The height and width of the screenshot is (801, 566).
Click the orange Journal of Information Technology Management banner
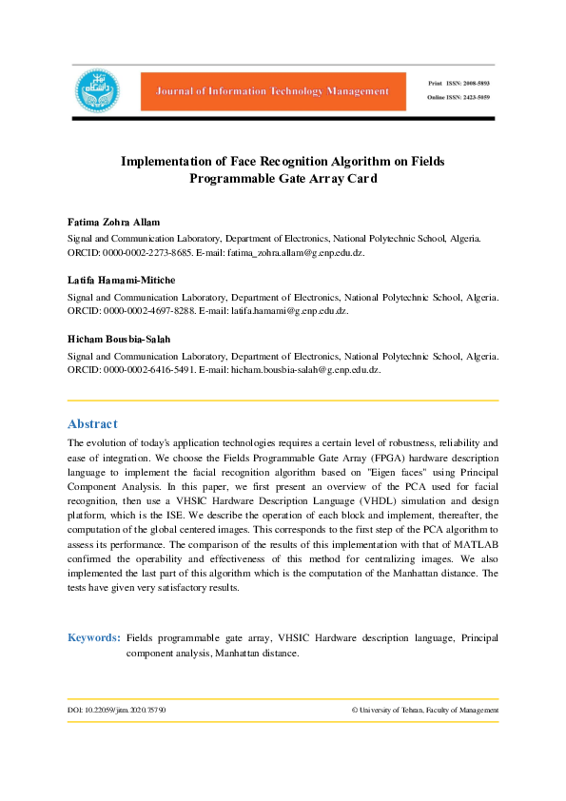pos(266,91)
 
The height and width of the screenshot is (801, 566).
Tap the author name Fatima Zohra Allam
pos(113,222)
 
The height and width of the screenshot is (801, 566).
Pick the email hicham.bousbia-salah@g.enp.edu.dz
pos(305,369)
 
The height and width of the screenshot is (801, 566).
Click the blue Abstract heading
pos(92,424)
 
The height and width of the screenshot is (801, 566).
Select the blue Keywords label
pos(93,637)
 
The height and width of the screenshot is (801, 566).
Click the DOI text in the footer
pos(116,710)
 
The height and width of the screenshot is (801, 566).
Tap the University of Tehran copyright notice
pos(424,710)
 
